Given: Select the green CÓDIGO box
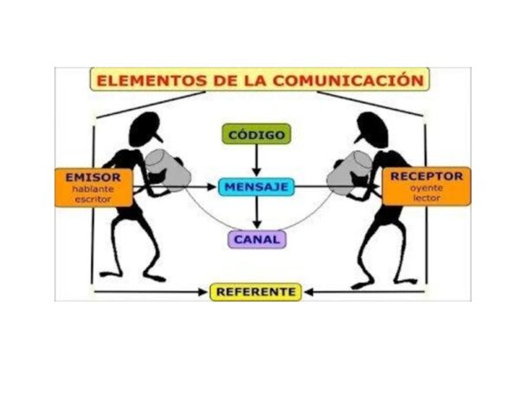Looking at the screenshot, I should point(256,135).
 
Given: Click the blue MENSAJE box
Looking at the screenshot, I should point(256,186).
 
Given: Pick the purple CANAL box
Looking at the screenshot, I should point(256,238).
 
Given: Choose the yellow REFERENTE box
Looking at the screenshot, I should point(256,292).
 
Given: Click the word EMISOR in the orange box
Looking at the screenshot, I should point(94,176).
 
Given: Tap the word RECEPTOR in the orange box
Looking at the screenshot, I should point(427,175).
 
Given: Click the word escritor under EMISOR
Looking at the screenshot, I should point(93,199).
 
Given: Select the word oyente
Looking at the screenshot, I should point(427,187).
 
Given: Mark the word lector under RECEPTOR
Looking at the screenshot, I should point(427,199).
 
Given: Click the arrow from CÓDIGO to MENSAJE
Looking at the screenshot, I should point(256,160).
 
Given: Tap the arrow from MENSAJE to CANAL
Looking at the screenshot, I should point(256,213).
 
